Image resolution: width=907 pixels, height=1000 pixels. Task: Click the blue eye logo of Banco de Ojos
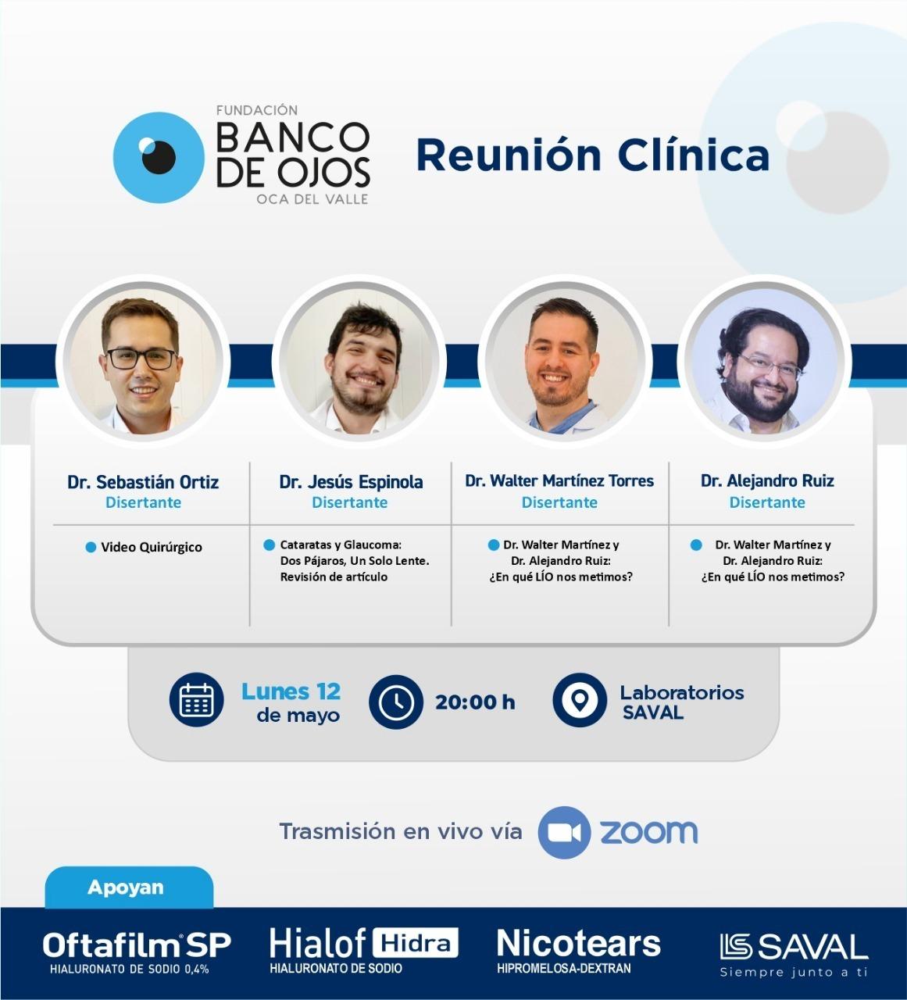[x=159, y=158]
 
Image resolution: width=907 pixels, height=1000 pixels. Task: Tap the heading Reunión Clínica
[x=593, y=155]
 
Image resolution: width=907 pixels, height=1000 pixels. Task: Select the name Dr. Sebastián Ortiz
[x=143, y=482]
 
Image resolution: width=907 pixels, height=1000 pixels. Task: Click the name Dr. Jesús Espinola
[x=351, y=482]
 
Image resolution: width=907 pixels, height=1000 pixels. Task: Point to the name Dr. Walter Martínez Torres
[x=559, y=480]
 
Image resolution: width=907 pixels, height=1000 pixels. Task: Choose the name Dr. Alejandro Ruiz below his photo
[x=767, y=480]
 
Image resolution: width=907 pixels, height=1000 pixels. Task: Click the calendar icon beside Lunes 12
[x=196, y=699]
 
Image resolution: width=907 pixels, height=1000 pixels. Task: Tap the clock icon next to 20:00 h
[x=396, y=702]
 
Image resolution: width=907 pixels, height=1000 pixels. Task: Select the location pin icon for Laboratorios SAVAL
[x=580, y=700]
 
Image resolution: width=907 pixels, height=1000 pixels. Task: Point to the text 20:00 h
[x=475, y=702]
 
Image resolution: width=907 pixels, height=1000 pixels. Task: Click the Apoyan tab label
[x=126, y=887]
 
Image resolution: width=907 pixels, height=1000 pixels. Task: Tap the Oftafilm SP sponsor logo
[x=137, y=952]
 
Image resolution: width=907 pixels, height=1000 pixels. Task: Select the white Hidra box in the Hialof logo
[x=416, y=944]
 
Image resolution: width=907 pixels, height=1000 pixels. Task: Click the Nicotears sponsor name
[x=578, y=944]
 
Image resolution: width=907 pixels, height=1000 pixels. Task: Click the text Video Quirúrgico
[x=152, y=548]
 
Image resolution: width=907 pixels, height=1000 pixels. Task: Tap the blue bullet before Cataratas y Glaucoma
[x=270, y=545]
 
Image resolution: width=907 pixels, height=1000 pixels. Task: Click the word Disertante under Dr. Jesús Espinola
[x=349, y=502]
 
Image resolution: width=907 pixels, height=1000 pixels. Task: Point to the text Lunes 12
[x=291, y=691]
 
